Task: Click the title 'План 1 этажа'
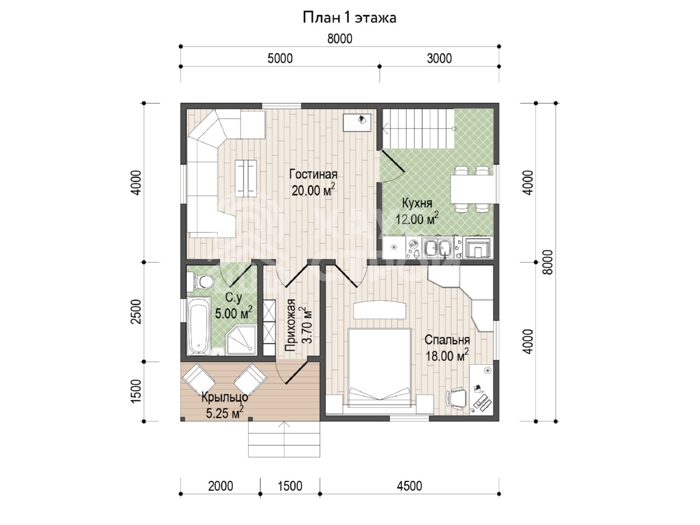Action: click(349, 17)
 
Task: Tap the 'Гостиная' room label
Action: click(313, 174)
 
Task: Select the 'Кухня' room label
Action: click(417, 203)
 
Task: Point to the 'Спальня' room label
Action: click(447, 340)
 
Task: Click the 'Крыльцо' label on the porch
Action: click(225, 397)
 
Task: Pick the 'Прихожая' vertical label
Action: click(290, 325)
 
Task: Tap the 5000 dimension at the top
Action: click(280, 59)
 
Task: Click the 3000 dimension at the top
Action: click(439, 59)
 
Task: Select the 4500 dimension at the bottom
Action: click(410, 486)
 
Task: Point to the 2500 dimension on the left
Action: click(136, 311)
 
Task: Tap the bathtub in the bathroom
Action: click(199, 326)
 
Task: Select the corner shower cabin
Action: click(241, 340)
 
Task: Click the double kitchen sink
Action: click(436, 247)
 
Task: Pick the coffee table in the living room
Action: click(246, 178)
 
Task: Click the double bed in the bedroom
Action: click(379, 368)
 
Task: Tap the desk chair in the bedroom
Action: click(456, 398)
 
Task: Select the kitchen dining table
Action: click(471, 189)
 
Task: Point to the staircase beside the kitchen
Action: click(418, 129)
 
